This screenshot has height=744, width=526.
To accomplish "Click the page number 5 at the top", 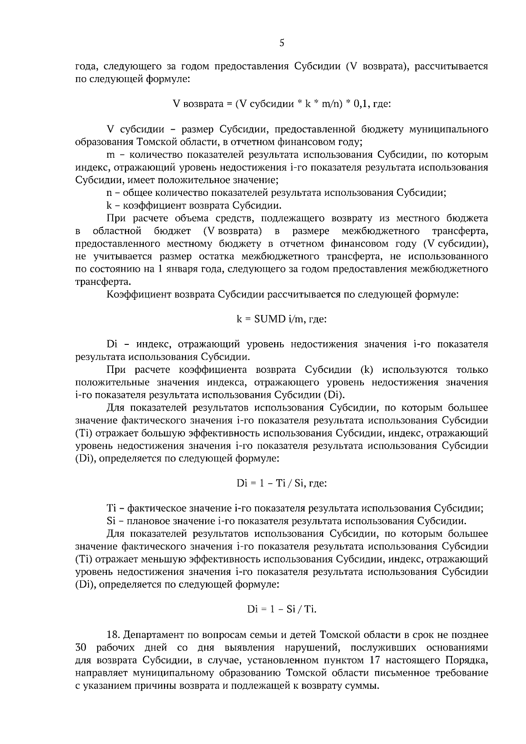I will [282, 43].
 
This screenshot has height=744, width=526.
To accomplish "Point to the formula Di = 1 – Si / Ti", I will [281, 609].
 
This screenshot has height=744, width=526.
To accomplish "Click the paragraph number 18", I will [113, 635].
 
